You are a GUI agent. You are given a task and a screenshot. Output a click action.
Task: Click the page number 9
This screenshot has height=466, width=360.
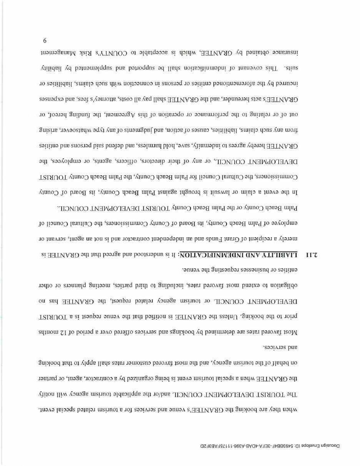point(45,40)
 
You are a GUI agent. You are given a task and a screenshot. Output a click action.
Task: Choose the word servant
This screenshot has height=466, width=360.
point(62,239)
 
